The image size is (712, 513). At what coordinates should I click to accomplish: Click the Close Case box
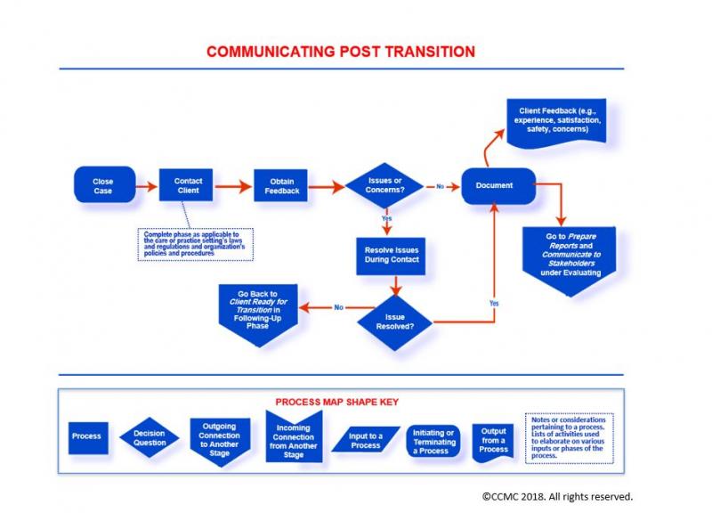point(103,185)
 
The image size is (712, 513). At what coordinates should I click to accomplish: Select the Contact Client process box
point(188,185)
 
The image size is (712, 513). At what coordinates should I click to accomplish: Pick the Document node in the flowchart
point(499,186)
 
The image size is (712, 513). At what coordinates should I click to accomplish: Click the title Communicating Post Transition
point(341,51)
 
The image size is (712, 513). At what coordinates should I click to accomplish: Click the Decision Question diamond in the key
point(150,435)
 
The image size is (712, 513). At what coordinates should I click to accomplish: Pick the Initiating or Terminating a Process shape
point(433,438)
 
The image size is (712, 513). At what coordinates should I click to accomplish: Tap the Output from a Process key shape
point(493,438)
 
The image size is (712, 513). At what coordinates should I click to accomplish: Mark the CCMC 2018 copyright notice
point(557,495)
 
